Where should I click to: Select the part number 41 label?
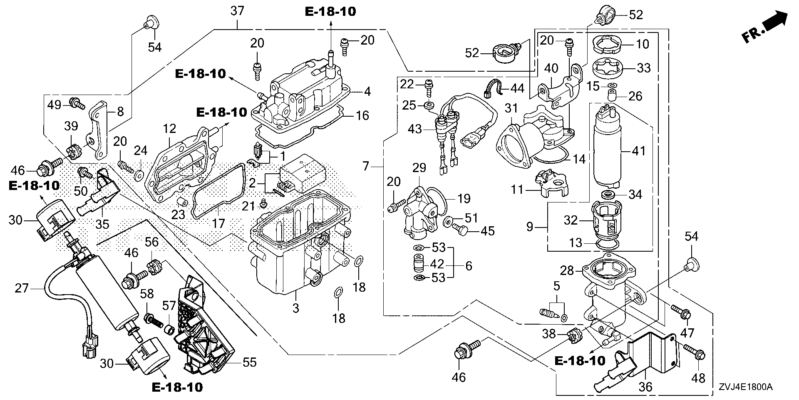(x=639, y=150)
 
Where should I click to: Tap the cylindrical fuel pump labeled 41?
(x=607, y=150)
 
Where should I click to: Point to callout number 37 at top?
(x=237, y=11)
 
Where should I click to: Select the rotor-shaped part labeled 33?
(x=609, y=68)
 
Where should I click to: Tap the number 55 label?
(x=250, y=362)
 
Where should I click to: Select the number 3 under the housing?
(x=295, y=308)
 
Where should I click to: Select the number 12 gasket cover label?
(x=170, y=128)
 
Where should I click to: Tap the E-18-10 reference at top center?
(x=330, y=11)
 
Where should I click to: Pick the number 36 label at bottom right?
(x=645, y=387)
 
